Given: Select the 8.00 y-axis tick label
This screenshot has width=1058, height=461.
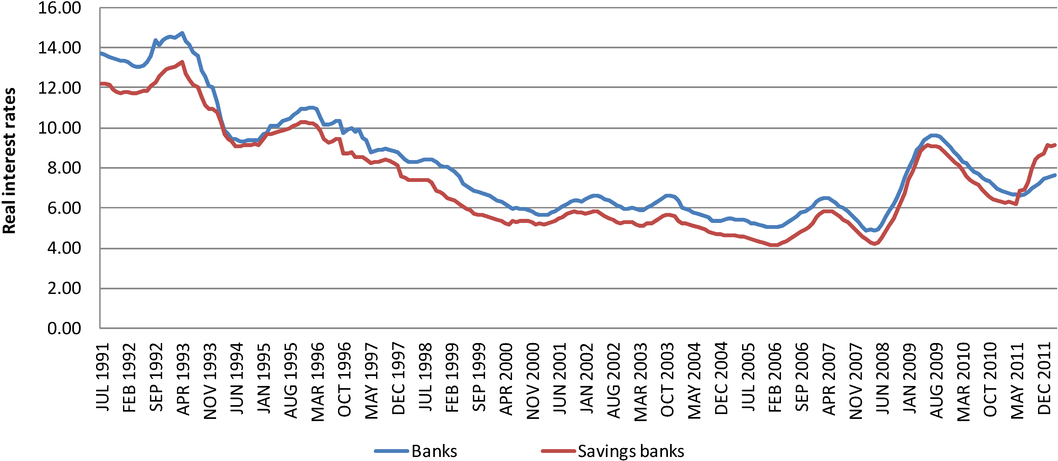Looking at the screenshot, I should (64, 168).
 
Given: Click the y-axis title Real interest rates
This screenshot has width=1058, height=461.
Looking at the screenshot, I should (9, 161).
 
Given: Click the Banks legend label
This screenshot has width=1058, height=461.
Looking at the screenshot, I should (434, 451).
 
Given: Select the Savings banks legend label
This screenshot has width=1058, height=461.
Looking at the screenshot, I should (631, 451).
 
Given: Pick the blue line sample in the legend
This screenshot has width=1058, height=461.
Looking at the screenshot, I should (391, 451).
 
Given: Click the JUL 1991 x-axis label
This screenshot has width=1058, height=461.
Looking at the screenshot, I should (103, 377).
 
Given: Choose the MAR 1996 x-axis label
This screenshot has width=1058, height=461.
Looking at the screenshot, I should (318, 382).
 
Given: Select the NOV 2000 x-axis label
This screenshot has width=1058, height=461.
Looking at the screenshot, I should (533, 381).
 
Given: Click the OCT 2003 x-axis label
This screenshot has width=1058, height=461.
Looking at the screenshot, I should (667, 379).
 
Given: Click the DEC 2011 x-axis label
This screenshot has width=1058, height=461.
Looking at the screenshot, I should (1044, 378).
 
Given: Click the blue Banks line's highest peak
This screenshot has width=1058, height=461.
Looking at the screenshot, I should (182, 33).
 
